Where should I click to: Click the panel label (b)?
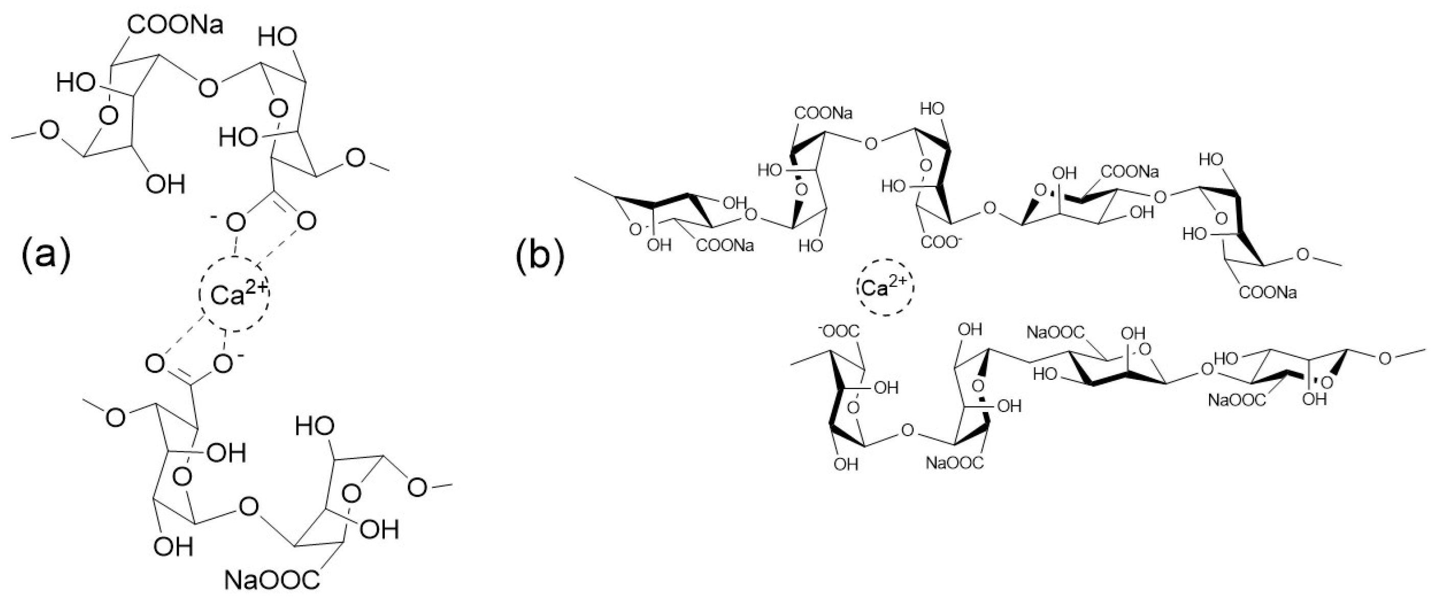[x=539, y=255]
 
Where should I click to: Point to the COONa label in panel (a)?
[x=175, y=25]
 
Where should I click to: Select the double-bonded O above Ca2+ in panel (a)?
[x=306, y=222]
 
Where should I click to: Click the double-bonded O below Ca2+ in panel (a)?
[x=155, y=364]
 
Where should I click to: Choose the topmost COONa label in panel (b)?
[x=823, y=114]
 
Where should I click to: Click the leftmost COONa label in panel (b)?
[x=725, y=246]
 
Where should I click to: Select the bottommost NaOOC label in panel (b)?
[x=955, y=463]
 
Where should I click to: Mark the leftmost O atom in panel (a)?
[x=50, y=131]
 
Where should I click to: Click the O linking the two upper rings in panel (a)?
[x=207, y=88]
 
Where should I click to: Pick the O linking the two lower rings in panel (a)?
[x=248, y=507]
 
